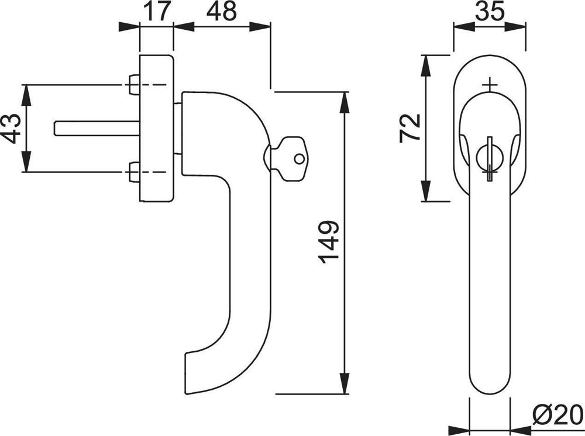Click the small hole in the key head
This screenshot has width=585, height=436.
(299, 159)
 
